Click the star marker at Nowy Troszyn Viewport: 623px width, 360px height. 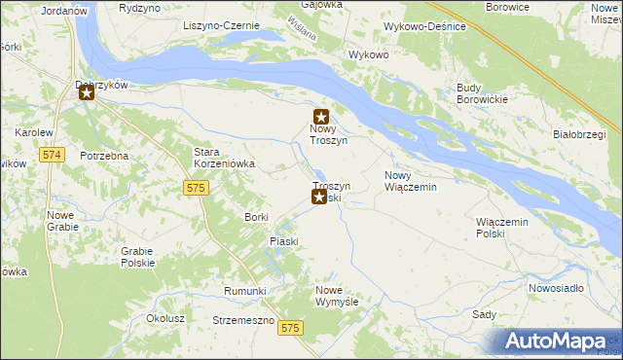tap(319, 119)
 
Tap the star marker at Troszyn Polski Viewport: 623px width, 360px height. tap(319, 198)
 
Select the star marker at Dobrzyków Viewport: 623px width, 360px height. tap(86, 93)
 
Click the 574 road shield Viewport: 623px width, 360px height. tap(53, 156)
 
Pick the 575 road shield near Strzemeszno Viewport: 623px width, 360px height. tap(289, 330)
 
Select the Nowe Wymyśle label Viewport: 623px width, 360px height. tap(338, 296)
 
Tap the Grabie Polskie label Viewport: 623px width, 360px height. tap(138, 257)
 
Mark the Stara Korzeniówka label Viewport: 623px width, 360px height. tap(224, 158)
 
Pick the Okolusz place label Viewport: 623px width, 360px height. tap(165, 318)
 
